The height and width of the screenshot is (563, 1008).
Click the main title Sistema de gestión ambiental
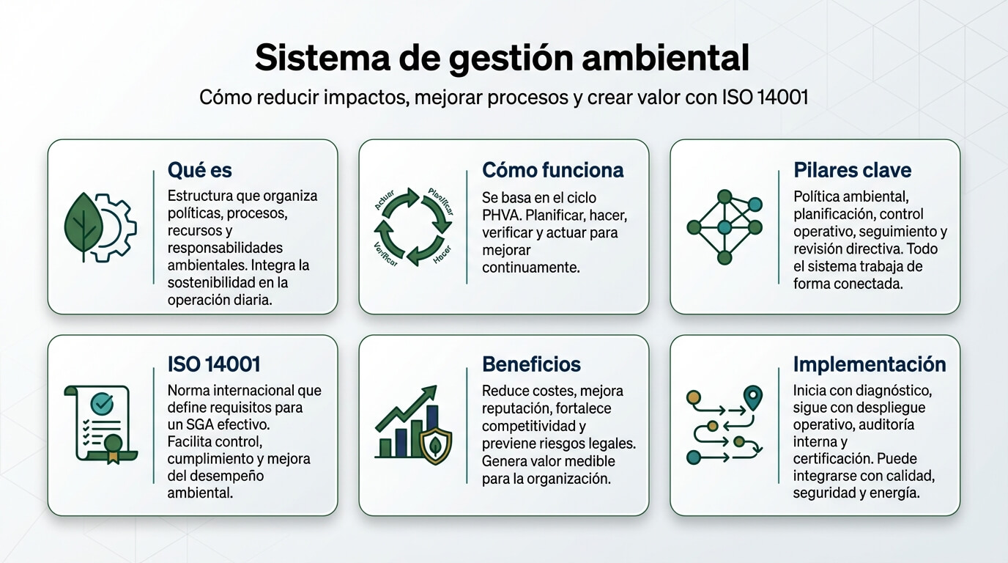pos(502,58)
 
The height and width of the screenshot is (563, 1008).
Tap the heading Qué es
pos(200,170)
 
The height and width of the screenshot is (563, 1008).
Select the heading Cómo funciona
pos(552,170)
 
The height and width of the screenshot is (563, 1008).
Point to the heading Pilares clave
pos(852,170)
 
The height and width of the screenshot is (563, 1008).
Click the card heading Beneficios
pos(531,364)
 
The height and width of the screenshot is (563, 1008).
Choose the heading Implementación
pos(870,364)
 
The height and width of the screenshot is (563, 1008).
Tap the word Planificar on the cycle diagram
pos(441,201)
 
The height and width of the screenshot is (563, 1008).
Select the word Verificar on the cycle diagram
pos(385,254)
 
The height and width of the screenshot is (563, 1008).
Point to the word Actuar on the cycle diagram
pos(385,200)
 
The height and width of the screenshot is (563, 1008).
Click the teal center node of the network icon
pos(724,227)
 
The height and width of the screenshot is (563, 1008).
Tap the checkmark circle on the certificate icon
pos(102,403)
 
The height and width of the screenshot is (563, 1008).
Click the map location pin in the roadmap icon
pos(753,397)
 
